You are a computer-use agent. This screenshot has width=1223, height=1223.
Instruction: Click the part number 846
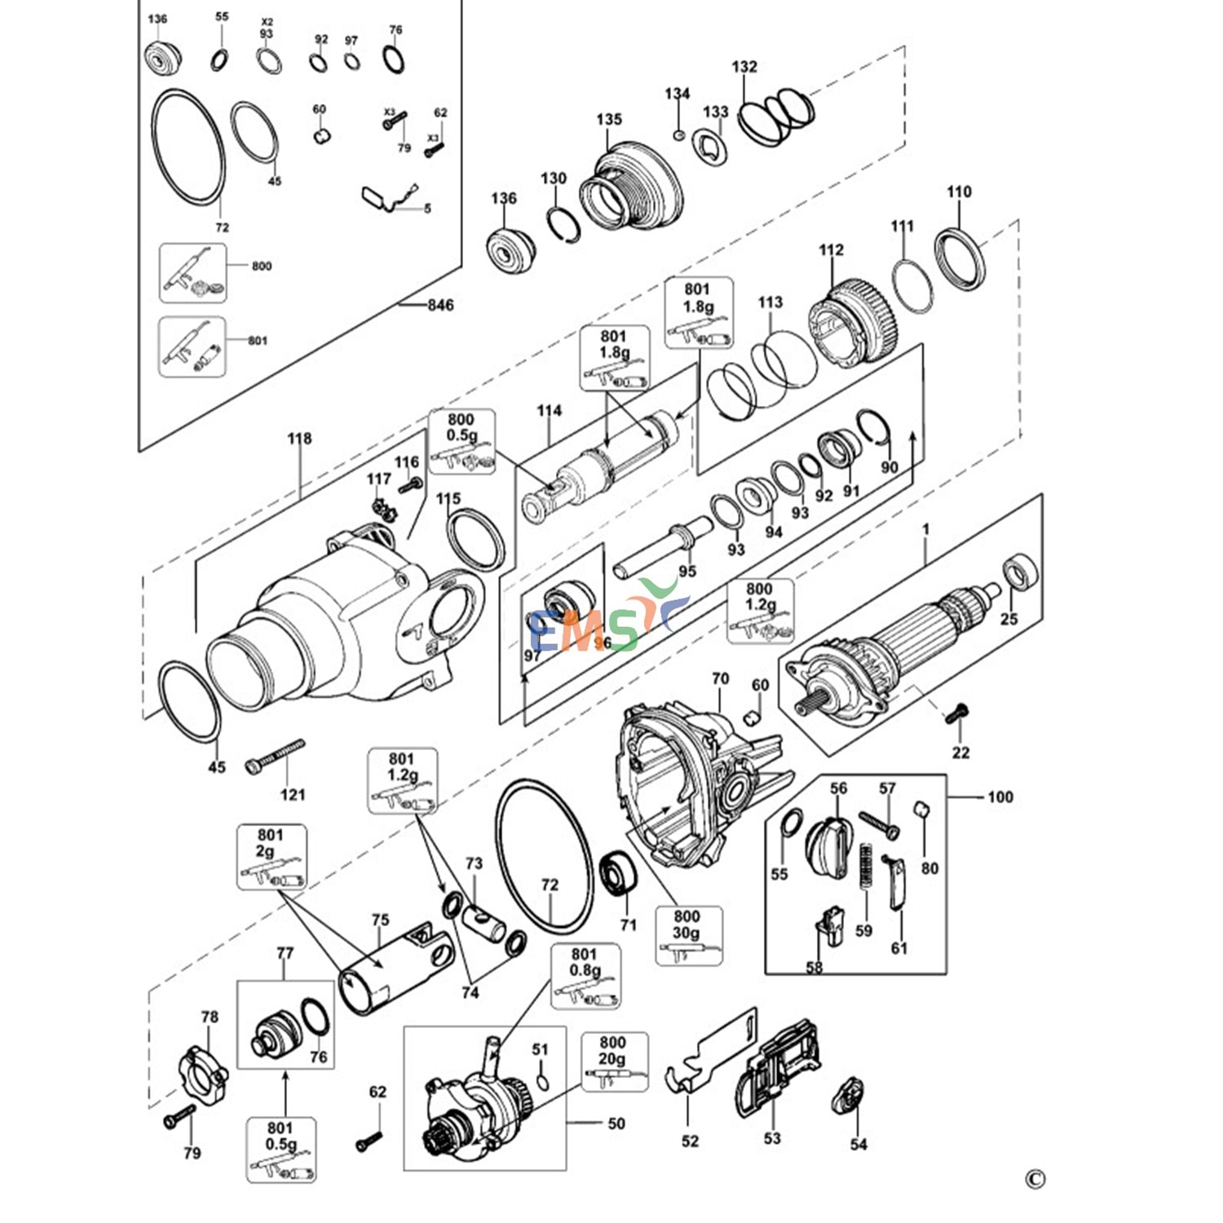pos(440,305)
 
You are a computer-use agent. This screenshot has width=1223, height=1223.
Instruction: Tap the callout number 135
pos(609,119)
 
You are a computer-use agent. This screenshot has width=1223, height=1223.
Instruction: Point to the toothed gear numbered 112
pos(853,321)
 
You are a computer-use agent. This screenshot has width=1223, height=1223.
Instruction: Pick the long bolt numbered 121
pos(274,757)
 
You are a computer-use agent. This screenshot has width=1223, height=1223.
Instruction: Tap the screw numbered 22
pos(956,714)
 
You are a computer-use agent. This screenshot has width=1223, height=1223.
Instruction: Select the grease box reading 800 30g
pos(688,935)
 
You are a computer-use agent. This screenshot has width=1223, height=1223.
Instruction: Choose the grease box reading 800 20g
pos(615,1062)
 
